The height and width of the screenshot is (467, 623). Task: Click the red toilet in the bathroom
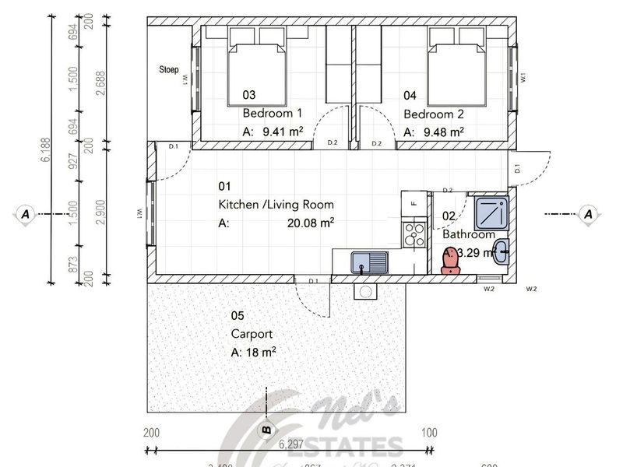tap(450, 262)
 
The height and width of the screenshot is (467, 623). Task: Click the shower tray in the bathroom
tap(491, 210)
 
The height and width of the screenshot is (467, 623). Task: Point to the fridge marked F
tap(414, 205)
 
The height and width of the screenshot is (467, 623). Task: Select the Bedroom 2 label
tap(431, 114)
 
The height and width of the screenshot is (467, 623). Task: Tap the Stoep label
tap(169, 70)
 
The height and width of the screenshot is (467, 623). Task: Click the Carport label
tap(252, 334)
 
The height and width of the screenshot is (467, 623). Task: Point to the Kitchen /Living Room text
tap(276, 205)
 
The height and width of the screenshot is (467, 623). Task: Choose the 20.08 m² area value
tap(311, 223)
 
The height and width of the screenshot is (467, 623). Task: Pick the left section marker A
tap(26, 213)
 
